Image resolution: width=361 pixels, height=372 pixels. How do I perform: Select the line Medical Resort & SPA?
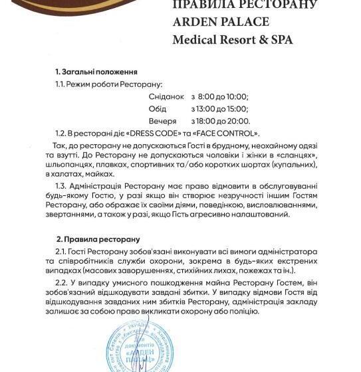click(x=232, y=39)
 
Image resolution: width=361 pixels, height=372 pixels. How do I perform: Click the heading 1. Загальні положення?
click(x=96, y=72)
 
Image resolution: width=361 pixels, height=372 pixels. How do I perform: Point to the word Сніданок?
click(x=167, y=96)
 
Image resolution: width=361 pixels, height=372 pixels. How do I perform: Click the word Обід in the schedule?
click(x=158, y=109)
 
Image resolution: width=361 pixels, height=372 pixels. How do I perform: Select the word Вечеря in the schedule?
click(x=164, y=122)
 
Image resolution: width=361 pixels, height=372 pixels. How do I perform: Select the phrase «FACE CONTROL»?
click(x=227, y=134)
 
